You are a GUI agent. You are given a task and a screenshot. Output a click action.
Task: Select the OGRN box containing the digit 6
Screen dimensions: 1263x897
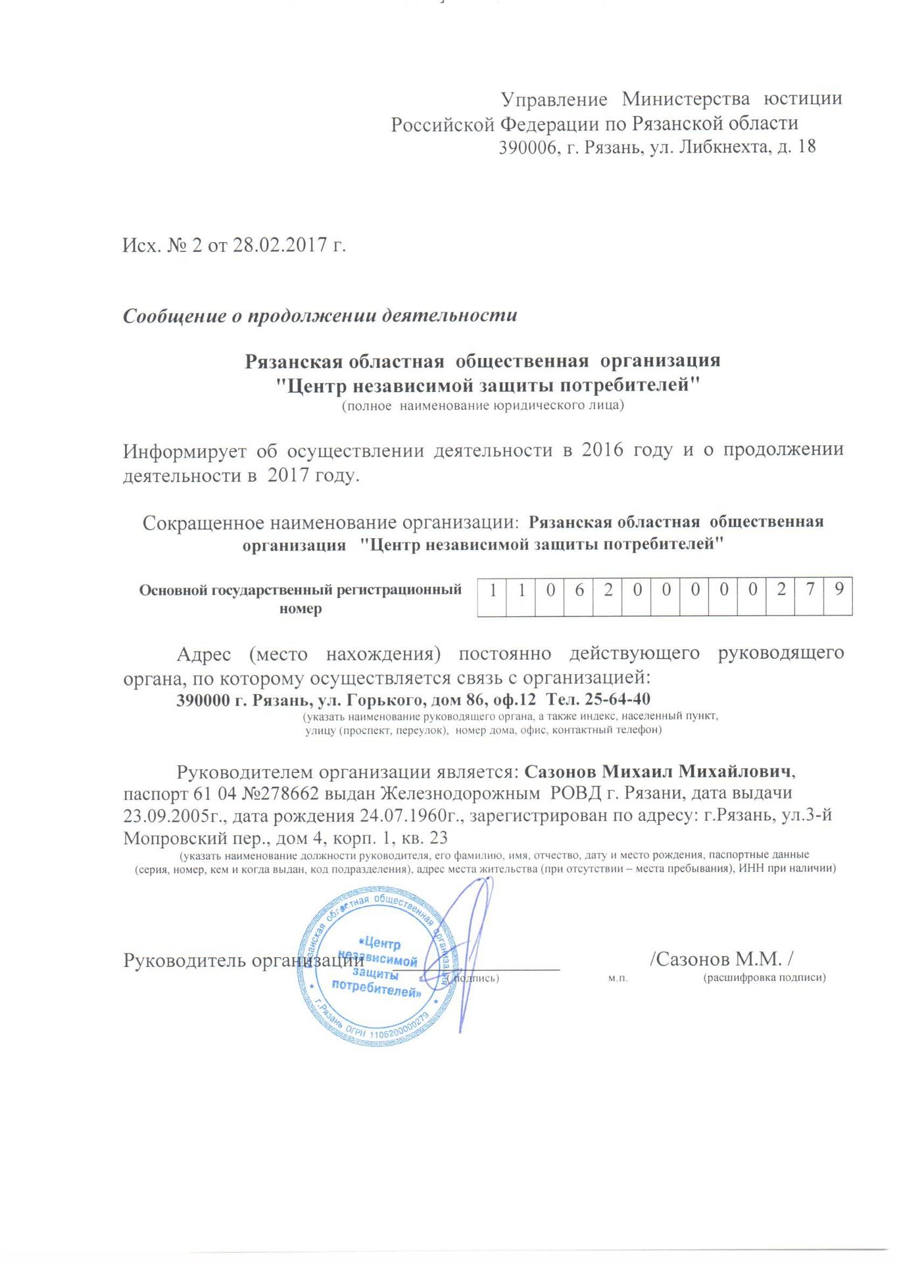tap(579, 590)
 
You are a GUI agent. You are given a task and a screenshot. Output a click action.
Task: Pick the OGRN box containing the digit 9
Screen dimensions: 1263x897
tap(838, 590)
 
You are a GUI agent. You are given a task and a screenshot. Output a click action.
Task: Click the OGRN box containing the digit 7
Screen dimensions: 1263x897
tap(810, 590)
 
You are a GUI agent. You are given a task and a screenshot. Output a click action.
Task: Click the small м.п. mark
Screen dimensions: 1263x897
tap(618, 979)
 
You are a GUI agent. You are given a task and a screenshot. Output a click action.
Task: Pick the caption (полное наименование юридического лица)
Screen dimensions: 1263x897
tap(483, 406)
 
